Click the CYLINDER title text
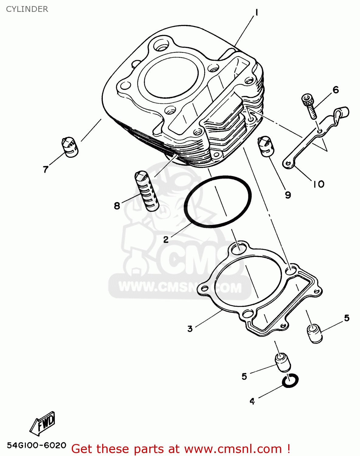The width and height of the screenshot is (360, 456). tap(27, 9)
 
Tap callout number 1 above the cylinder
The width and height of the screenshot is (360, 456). tap(256, 12)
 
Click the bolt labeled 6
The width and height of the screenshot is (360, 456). tap(310, 106)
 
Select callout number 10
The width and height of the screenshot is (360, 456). tap(319, 184)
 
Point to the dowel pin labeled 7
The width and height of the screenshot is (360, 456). tap(70, 147)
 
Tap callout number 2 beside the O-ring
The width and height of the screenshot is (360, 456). tap(166, 240)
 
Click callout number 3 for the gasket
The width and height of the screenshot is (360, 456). tap(190, 329)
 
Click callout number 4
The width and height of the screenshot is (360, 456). tap(252, 401)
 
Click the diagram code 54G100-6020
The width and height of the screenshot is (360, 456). tap(36, 445)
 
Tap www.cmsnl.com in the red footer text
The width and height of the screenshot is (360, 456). tap(233, 449)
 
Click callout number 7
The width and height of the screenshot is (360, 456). tap(46, 169)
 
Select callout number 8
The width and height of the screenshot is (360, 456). tap(117, 206)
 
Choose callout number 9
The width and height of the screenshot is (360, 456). tap(288, 195)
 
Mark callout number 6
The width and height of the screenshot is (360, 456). tap(336, 90)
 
